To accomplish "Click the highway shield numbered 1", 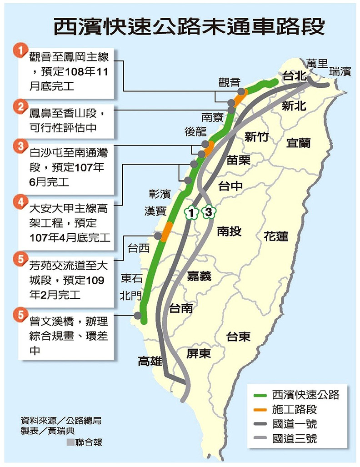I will coord(191,212).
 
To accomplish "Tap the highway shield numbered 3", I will coord(208,212).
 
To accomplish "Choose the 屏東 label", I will coord(199,353).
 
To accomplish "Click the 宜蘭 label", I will coord(298,143).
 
